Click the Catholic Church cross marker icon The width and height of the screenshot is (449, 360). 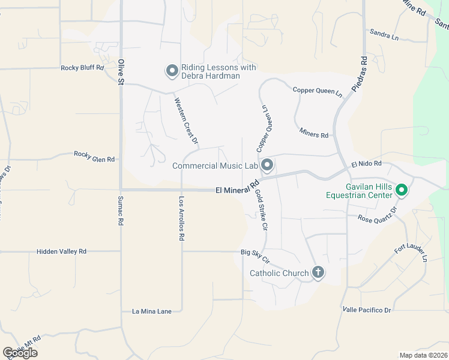pyautogui.click(x=318, y=273)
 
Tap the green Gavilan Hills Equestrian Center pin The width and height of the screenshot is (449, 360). pyautogui.click(x=402, y=191)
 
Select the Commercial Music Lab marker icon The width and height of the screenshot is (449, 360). pyautogui.click(x=267, y=164)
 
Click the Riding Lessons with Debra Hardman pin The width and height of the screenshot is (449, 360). pyautogui.click(x=172, y=71)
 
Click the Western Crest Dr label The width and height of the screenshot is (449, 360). pyautogui.click(x=186, y=120)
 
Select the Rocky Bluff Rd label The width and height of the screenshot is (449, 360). pyautogui.click(x=82, y=68)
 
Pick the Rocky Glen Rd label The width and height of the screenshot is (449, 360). pyautogui.click(x=94, y=157)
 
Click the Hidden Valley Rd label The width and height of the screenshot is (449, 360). pyautogui.click(x=61, y=251)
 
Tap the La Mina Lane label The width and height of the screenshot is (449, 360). pyautogui.click(x=151, y=311)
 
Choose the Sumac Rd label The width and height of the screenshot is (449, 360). pyautogui.click(x=121, y=210)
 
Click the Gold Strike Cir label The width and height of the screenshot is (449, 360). pyautogui.click(x=261, y=211)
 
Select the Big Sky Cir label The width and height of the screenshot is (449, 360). pyautogui.click(x=256, y=257)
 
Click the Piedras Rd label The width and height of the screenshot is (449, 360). pyautogui.click(x=363, y=71)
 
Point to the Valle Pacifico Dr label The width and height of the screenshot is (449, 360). pyautogui.click(x=366, y=310)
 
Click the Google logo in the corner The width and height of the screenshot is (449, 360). pyautogui.click(x=20, y=353)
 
